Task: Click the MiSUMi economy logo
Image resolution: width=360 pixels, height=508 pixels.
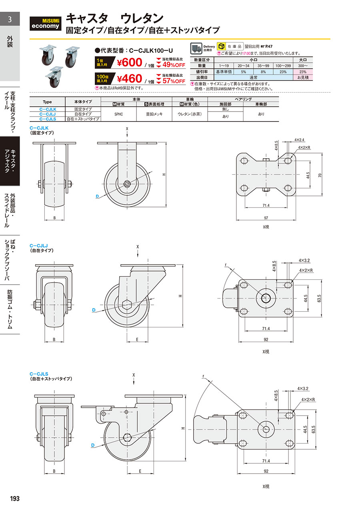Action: tap(45, 24)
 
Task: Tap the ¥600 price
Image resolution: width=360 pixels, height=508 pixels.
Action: tap(130, 62)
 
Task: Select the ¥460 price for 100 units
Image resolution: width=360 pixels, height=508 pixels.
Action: tap(130, 79)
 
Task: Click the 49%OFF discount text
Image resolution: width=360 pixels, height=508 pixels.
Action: tap(174, 65)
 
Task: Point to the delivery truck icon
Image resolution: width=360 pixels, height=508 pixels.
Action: tap(196, 48)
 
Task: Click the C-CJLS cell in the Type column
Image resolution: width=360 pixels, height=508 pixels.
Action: tap(48, 119)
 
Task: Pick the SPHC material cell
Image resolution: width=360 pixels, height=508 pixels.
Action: tap(118, 114)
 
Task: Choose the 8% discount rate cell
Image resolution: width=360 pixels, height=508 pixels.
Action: tap(263, 72)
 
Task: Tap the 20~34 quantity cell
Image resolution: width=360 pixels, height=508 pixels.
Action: tap(244, 66)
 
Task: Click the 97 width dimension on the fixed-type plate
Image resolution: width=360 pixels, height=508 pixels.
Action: tap(266, 218)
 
